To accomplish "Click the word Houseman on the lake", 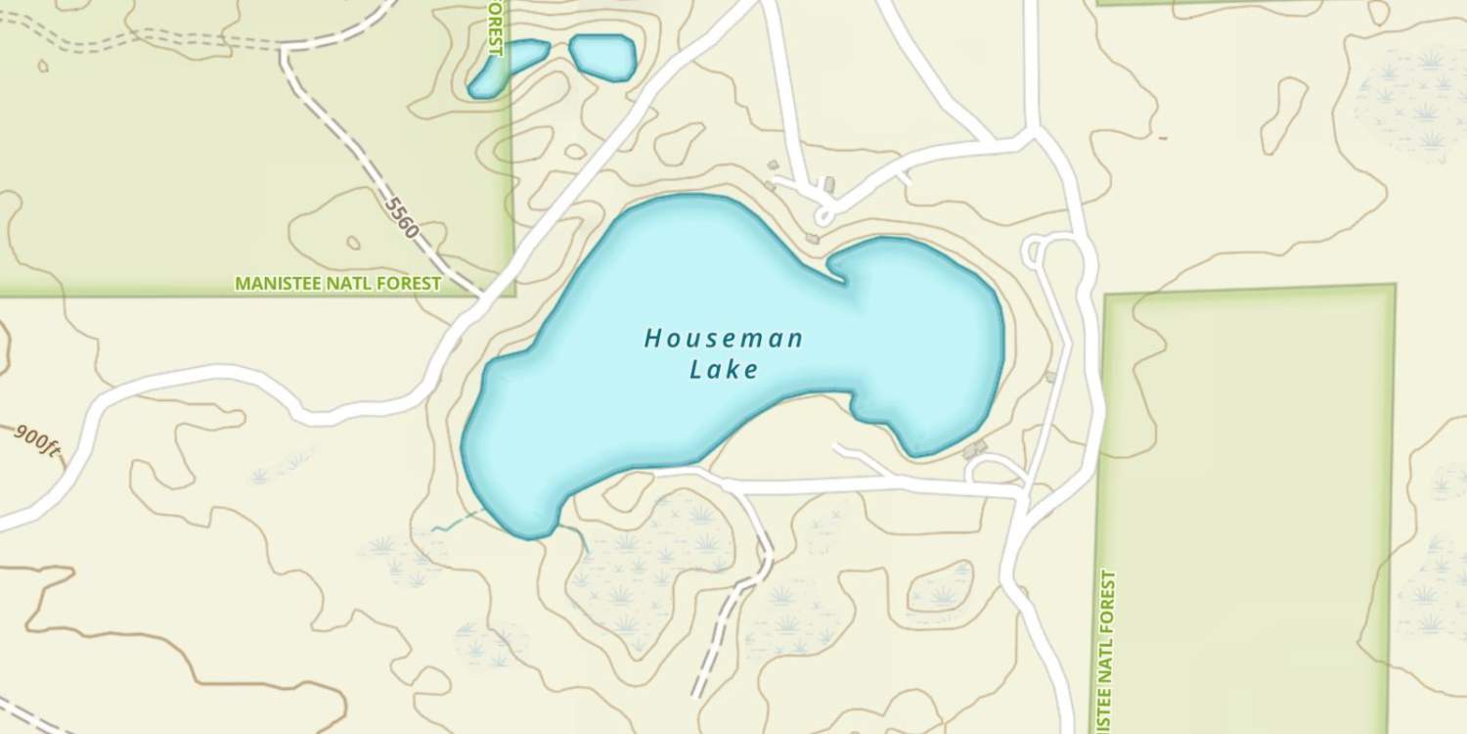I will pos(723,340).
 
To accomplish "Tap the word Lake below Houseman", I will pos(724,370).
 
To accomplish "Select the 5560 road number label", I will pos(401,218).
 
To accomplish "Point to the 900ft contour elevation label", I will pos(37,440).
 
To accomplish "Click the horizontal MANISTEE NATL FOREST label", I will pos(338,284).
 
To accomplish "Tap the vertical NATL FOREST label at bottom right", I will pos(1106,651).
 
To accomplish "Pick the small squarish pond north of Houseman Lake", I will pos(602,56).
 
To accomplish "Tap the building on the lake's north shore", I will pos(812,238).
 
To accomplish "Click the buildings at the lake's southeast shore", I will pos(974,448).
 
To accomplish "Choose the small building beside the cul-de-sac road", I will pos(829,184).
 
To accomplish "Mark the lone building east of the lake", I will pos(1051,376).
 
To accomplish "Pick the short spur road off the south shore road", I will pos(861,457).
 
